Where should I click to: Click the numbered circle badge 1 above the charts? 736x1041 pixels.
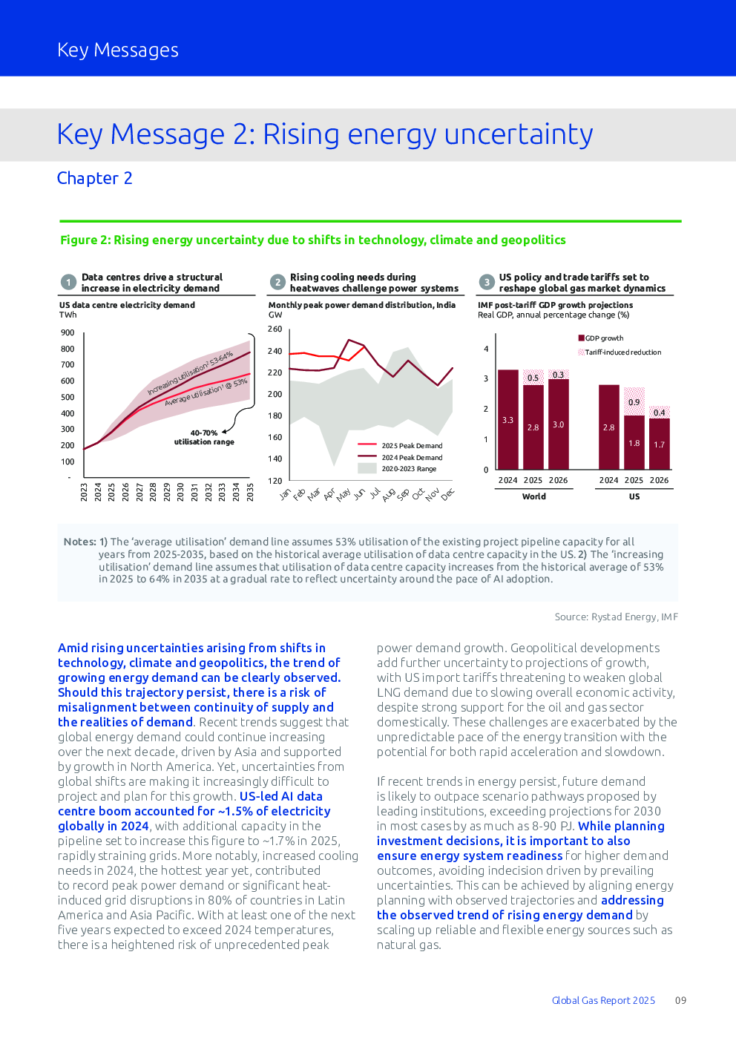click(x=69, y=282)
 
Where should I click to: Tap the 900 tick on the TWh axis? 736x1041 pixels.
click(x=68, y=332)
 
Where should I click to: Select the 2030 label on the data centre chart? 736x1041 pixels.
click(x=181, y=492)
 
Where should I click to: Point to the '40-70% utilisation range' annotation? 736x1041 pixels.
click(x=204, y=437)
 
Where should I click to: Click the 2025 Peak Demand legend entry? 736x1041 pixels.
click(x=400, y=446)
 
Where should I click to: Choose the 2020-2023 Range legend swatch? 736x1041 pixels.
click(x=367, y=468)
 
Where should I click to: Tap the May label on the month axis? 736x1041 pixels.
click(x=344, y=495)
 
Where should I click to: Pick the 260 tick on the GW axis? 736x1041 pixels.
click(x=275, y=329)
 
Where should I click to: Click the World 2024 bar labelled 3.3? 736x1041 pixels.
click(x=508, y=420)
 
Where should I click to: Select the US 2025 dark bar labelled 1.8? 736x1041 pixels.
click(x=634, y=442)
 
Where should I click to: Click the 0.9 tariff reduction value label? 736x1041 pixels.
click(x=634, y=402)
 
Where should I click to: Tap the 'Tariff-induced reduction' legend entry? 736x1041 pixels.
click(x=620, y=352)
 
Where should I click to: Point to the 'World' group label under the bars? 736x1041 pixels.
click(x=534, y=496)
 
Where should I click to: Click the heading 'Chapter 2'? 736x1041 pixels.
click(x=95, y=178)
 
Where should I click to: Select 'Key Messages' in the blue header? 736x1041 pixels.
click(x=118, y=50)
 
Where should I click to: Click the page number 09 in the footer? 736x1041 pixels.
click(x=680, y=1000)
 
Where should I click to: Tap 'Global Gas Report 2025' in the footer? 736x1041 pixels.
click(x=603, y=1000)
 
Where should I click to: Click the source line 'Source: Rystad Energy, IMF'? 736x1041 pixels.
click(x=616, y=617)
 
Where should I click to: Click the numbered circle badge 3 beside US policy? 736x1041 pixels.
click(x=487, y=282)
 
